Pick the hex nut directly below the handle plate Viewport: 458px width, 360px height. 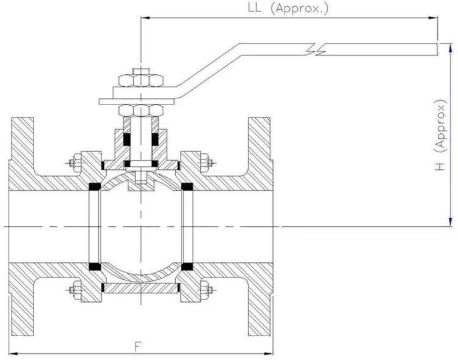[142, 110]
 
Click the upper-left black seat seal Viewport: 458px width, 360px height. [95, 185]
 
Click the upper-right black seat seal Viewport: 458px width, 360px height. [187, 185]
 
